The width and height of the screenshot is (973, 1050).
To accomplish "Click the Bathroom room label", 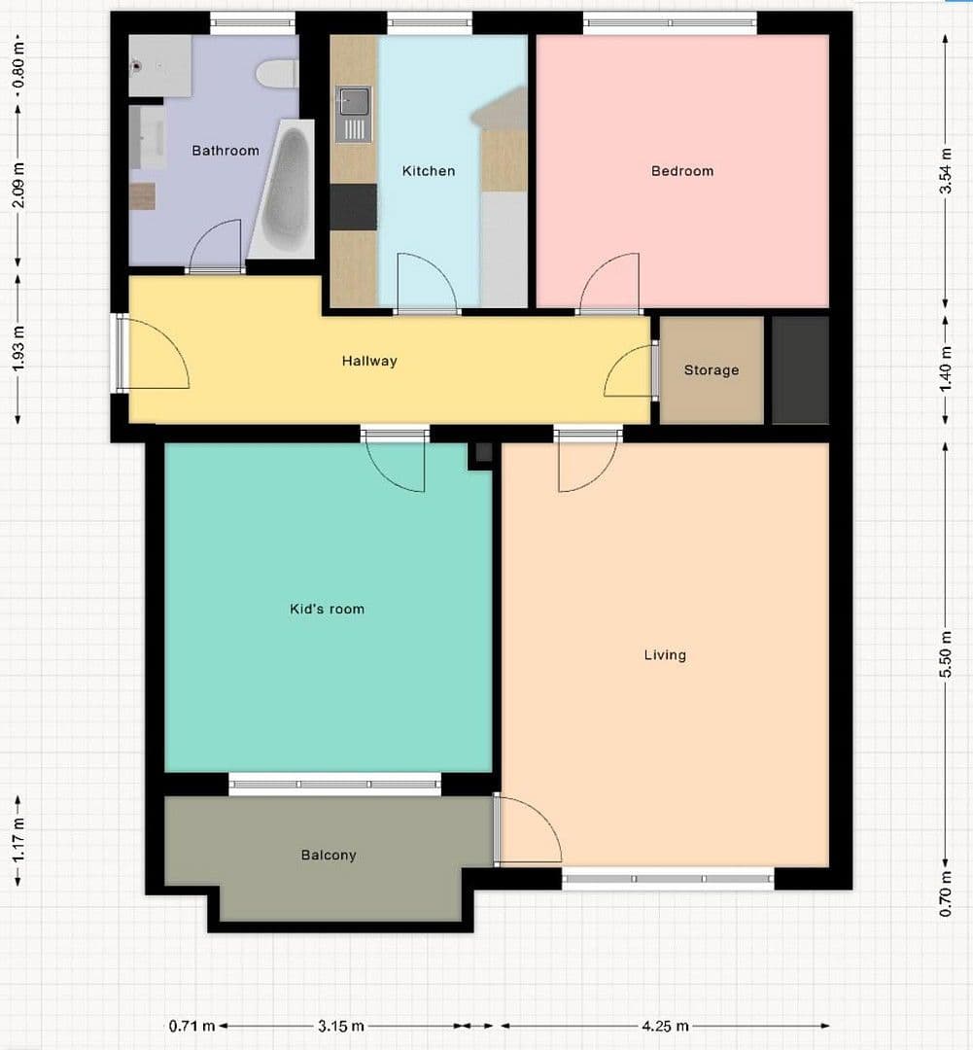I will (226, 151).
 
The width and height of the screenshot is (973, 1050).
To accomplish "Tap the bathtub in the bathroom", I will (284, 191).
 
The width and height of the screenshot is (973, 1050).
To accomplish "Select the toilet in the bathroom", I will (275, 74).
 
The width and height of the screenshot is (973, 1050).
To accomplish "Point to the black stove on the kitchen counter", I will (353, 207).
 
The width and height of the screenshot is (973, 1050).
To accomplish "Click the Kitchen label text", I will (429, 171).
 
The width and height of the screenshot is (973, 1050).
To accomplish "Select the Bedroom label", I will (682, 171).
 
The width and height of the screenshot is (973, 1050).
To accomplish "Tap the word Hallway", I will (369, 361).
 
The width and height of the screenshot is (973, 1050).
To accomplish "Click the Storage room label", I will (711, 370).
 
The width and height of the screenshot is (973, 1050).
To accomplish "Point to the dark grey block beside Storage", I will (800, 369).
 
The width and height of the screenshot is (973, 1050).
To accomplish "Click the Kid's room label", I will (328, 610).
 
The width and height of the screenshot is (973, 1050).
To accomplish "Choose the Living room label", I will (665, 655).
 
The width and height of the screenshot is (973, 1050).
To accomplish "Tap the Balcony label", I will (329, 856).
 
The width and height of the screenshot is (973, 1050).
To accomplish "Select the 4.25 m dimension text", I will (665, 1026).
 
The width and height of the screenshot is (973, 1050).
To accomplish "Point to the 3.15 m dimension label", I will (341, 1026).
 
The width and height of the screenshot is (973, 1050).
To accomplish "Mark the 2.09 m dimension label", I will (18, 186).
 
